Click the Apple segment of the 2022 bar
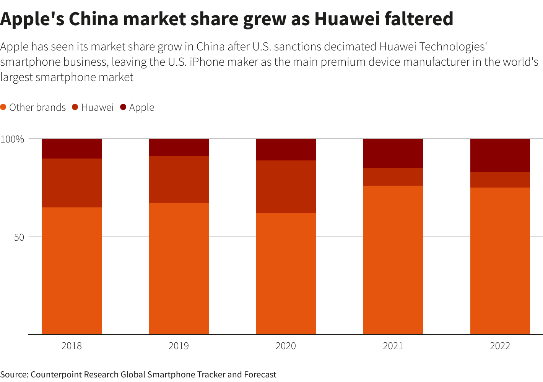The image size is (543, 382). (500, 155)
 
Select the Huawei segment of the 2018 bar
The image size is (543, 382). (72, 183)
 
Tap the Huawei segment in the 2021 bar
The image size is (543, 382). (393, 177)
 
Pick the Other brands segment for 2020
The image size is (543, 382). (286, 274)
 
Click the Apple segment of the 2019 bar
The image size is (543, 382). (179, 147)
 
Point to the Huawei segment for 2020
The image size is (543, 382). (286, 187)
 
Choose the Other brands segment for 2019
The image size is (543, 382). (179, 269)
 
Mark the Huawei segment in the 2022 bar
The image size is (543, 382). (500, 180)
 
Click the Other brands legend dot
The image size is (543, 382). (3, 107)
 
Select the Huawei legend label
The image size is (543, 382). (98, 107)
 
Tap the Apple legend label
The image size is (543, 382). (141, 108)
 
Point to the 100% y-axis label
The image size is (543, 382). (12, 139)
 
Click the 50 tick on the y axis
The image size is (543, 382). (19, 237)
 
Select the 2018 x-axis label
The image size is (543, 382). (72, 346)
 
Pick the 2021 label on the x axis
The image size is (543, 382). (393, 346)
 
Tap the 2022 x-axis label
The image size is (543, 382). (500, 346)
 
